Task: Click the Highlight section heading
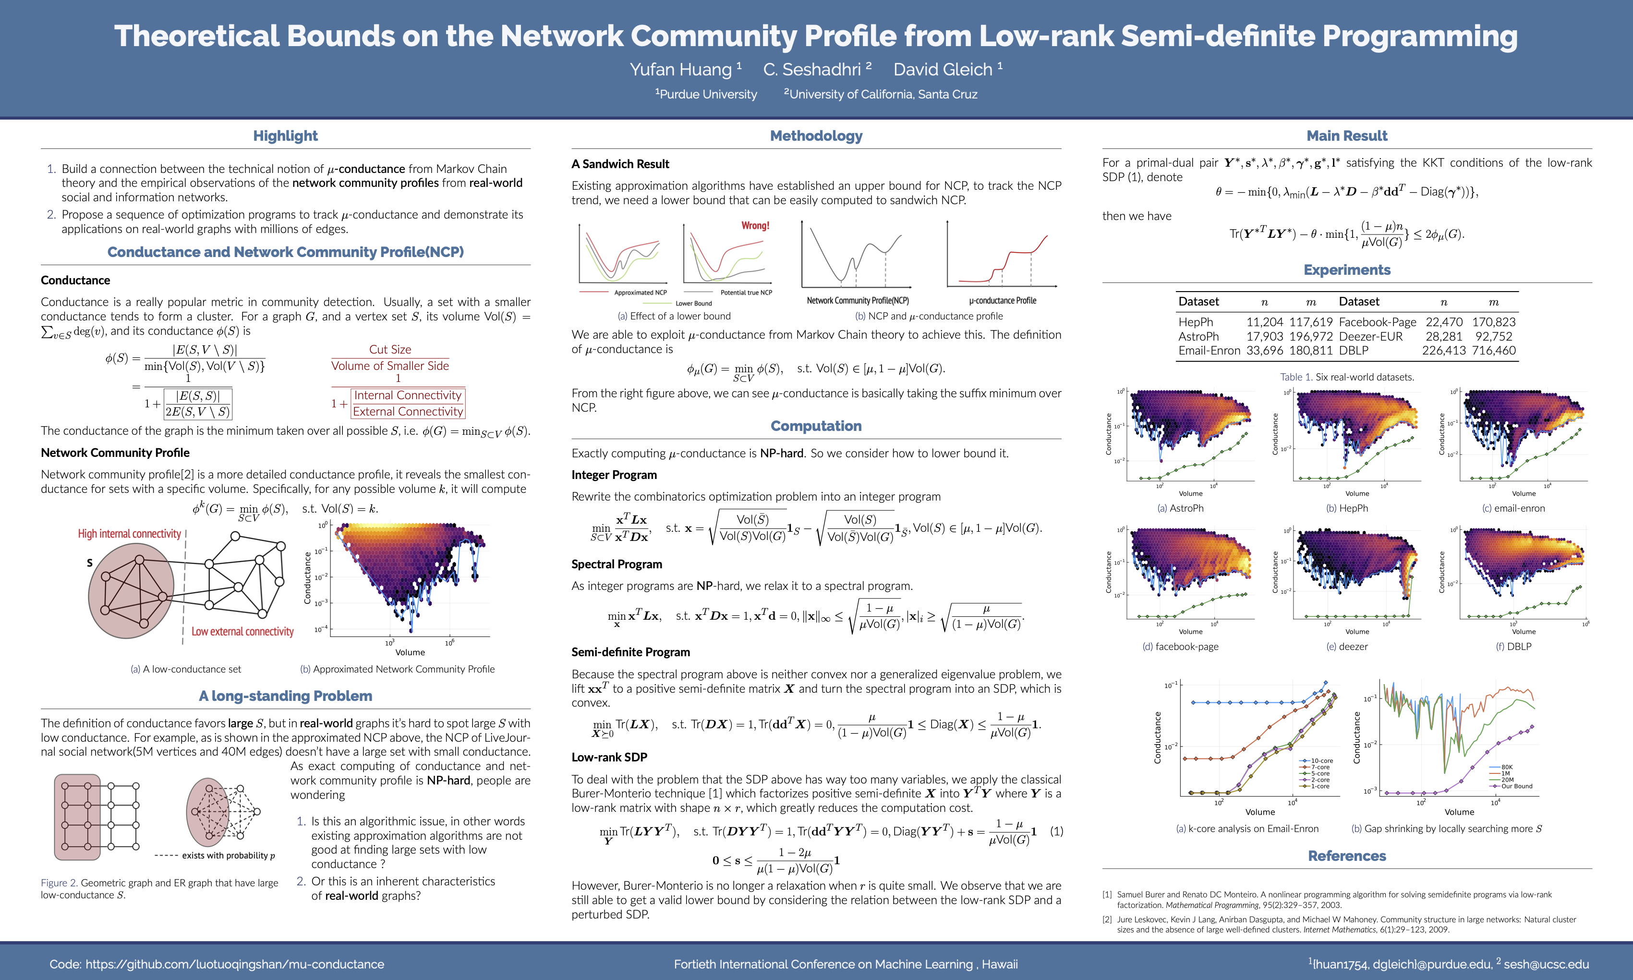[x=285, y=136]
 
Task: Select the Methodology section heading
[x=816, y=136]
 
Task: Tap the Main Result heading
[x=1346, y=136]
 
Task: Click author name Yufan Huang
[x=680, y=69]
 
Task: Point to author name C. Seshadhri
[x=812, y=69]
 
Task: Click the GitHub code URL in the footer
[x=234, y=964]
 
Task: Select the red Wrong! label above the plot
[x=755, y=226]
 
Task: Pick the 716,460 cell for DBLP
[x=1493, y=351]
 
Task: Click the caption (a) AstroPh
[x=1180, y=508]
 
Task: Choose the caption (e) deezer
[x=1346, y=647]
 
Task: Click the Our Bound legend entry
[x=1516, y=786]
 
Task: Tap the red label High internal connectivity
[x=129, y=534]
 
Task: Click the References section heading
[x=1346, y=857]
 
